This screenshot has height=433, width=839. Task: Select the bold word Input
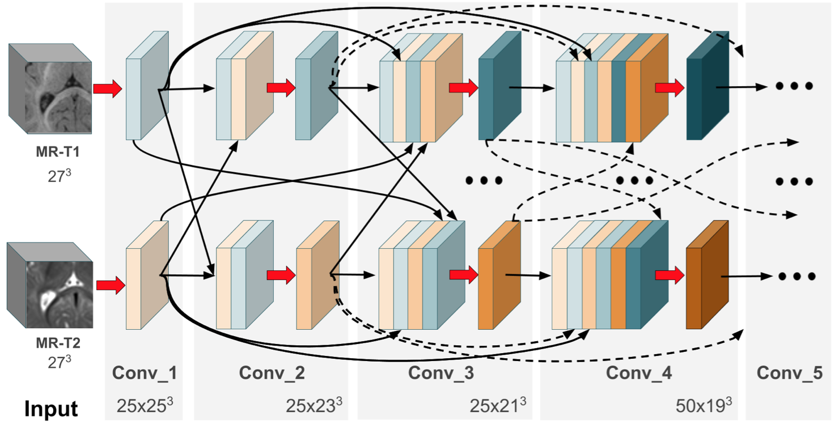tap(50, 408)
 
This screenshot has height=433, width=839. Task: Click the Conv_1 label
tap(144, 373)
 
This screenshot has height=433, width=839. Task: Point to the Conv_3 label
tap(441, 373)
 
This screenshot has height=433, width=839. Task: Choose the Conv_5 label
tap(789, 373)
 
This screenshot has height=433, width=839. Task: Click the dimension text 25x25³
tap(145, 406)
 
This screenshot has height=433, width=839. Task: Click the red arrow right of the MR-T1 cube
tap(108, 89)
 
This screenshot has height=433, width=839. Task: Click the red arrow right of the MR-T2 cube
tap(110, 285)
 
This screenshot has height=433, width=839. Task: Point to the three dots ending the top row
tap(794, 86)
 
